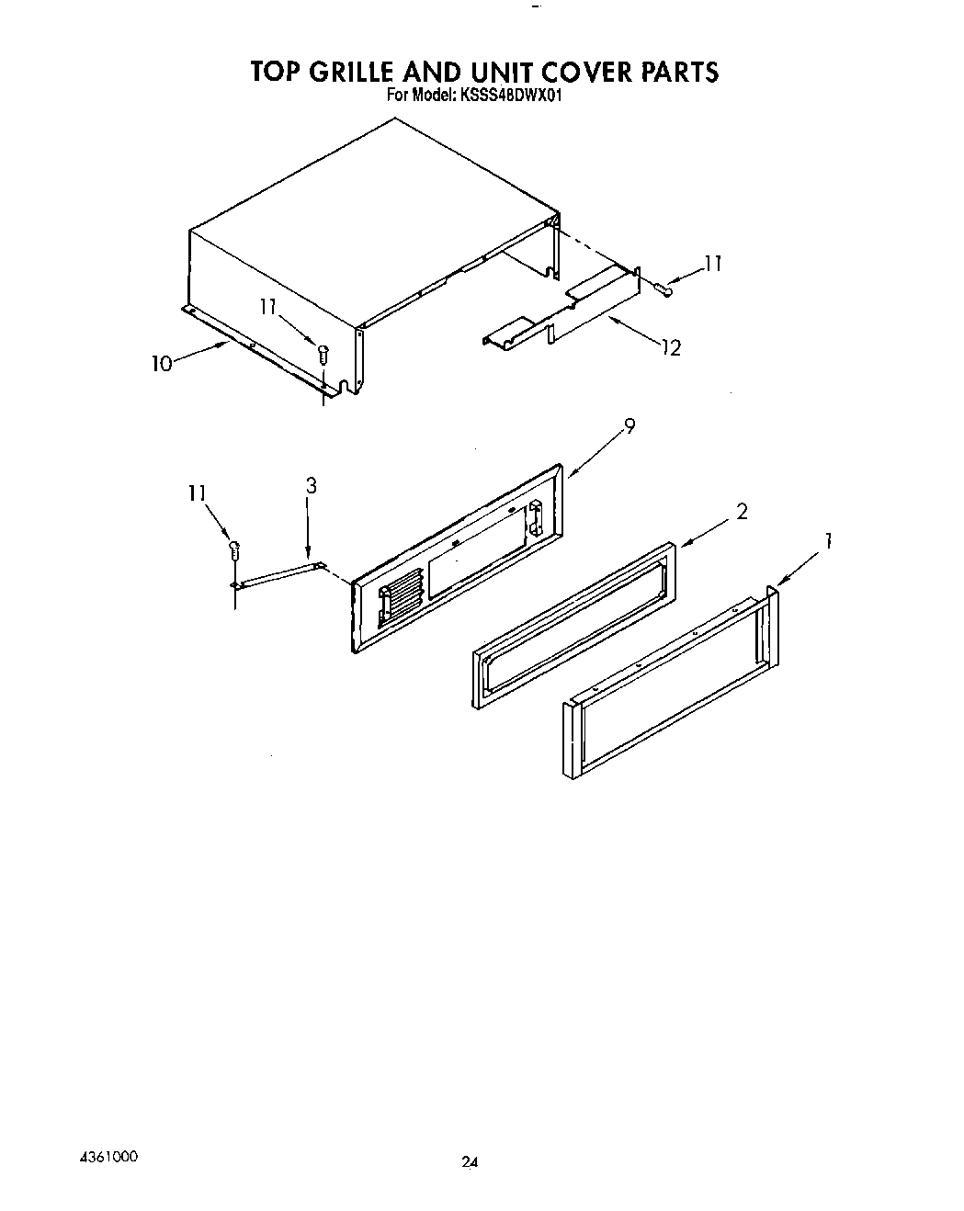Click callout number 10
(162, 364)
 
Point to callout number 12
(672, 347)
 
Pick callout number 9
(629, 426)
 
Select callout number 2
(742, 512)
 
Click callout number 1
(828, 542)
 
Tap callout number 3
(312, 487)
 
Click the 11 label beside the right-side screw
(712, 264)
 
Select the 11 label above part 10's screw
(268, 309)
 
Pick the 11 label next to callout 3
(197, 493)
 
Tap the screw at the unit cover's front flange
(322, 351)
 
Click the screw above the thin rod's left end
(234, 550)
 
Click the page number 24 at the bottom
(470, 1162)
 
